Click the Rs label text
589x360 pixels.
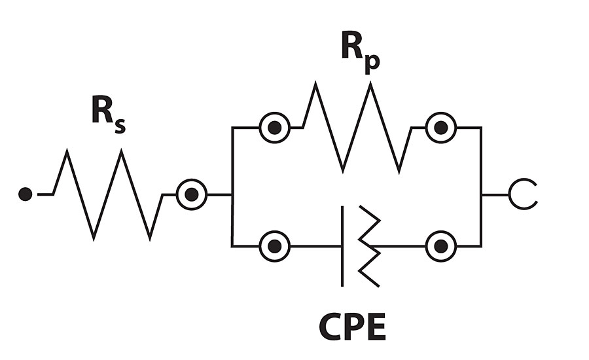[x=107, y=115]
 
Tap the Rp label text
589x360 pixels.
[x=359, y=53]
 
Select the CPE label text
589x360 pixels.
[x=352, y=327]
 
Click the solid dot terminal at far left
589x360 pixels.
[x=26, y=194]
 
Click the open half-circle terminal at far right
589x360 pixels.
[x=524, y=194]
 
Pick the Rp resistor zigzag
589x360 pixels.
[x=357, y=128]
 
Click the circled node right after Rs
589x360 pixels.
[x=192, y=194]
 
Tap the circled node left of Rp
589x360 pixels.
[x=275, y=128]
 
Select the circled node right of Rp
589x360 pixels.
[x=441, y=128]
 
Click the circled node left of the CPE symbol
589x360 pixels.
[x=275, y=247]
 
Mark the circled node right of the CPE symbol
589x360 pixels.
[x=441, y=247]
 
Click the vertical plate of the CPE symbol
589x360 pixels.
[x=342, y=247]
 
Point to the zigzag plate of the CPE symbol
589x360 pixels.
[x=368, y=247]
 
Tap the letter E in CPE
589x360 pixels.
[x=375, y=327]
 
